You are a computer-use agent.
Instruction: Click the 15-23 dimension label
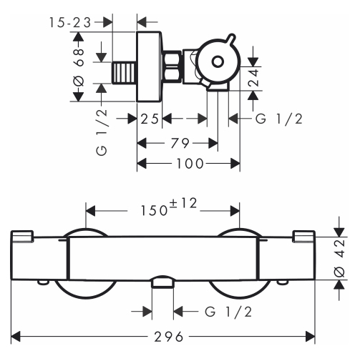70,23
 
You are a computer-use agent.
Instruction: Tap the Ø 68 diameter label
79,67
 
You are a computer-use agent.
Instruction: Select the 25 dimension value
150,119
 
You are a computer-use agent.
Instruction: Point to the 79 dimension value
180,143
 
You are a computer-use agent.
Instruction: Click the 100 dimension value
190,164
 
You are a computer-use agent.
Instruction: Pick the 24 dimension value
253,78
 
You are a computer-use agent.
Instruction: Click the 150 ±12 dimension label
169,207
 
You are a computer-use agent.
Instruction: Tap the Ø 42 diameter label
340,258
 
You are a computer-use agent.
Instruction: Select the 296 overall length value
169,337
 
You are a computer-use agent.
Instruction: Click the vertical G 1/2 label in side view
102,132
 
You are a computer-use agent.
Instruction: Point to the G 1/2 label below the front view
228,312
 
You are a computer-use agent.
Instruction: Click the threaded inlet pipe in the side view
125,73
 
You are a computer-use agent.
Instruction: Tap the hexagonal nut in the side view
172,67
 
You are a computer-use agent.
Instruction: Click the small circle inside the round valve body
218,62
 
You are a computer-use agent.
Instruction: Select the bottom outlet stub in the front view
162,282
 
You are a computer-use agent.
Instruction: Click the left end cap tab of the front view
21,236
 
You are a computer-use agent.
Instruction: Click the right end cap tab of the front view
304,236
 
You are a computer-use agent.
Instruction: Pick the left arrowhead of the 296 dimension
16,337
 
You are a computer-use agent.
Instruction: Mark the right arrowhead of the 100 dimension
235,164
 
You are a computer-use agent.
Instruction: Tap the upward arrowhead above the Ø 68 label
79,36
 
